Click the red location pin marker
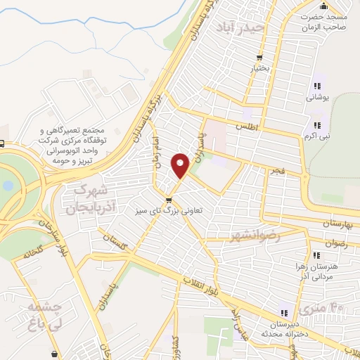point(181,165)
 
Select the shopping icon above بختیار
point(260,58)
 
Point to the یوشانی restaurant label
point(317,98)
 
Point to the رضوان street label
point(335,244)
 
